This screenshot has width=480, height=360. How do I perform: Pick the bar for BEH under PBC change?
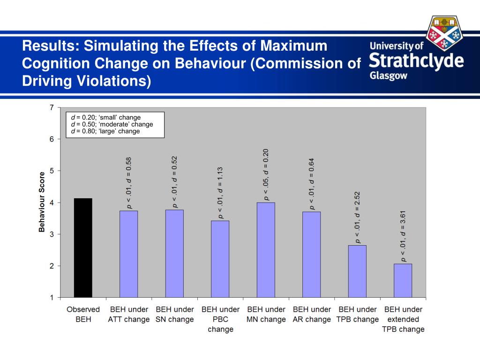tap(220, 259)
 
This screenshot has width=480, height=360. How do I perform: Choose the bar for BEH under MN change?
tap(266, 249)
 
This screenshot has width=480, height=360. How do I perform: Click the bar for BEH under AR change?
tap(311, 254)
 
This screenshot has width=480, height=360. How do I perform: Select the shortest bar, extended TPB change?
tap(403, 280)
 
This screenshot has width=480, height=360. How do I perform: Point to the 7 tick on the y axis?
tap(52, 107)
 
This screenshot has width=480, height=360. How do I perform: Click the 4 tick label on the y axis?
tap(52, 202)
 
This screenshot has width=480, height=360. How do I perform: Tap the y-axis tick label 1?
tap(52, 297)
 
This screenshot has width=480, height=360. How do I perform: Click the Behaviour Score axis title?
tap(42, 202)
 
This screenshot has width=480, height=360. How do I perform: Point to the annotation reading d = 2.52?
tap(357, 217)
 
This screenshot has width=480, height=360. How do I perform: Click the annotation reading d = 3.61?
tap(403, 236)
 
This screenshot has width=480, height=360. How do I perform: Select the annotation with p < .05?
tap(266, 174)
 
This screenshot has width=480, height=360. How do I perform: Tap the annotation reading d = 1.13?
tap(220, 193)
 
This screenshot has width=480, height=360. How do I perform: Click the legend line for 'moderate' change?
tap(112, 124)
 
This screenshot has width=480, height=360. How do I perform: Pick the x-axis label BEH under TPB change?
tap(357, 314)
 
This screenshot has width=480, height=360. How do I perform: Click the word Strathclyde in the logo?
tap(416, 61)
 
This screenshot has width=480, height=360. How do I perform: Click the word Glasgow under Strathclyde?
tap(389, 76)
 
